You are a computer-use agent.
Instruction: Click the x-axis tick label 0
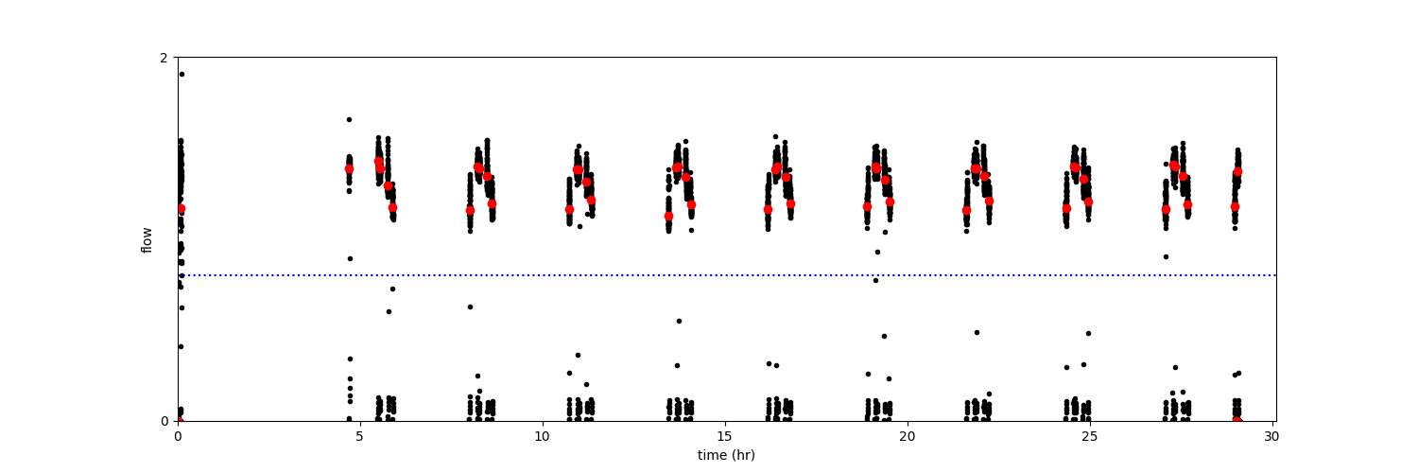(178, 437)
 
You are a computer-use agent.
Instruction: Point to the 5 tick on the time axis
(360, 437)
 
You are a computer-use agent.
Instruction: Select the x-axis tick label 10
(543, 437)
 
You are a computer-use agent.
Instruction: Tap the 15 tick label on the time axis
(725, 437)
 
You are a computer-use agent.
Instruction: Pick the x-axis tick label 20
(908, 437)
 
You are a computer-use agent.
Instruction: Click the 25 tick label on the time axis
(1089, 437)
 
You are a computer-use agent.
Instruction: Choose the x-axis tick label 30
(1271, 437)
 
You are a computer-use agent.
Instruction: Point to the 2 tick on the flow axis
(164, 58)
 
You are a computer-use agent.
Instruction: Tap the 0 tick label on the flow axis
(164, 421)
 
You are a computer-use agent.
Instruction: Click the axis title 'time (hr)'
(726, 455)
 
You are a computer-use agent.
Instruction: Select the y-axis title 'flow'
(147, 239)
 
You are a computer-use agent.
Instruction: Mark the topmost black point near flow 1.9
(182, 74)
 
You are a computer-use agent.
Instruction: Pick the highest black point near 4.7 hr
(349, 119)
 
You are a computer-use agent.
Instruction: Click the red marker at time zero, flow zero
(179, 421)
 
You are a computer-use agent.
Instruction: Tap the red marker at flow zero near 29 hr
(1236, 421)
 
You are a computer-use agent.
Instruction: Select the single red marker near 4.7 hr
(349, 169)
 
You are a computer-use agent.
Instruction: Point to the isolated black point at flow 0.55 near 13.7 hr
(679, 321)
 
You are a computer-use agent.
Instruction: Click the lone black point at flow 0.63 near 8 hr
(470, 307)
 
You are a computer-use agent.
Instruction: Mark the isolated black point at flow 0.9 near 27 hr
(1166, 256)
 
